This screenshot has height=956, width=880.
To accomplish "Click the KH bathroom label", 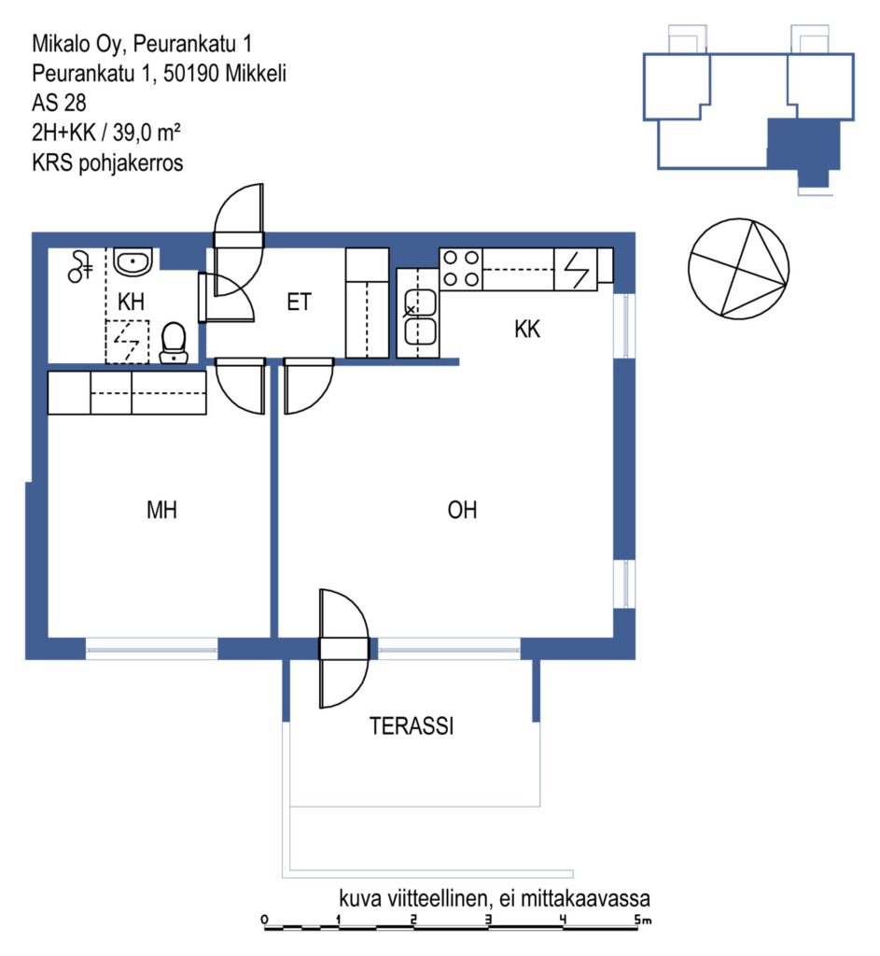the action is coord(131,302).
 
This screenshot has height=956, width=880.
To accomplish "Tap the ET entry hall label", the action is coord(299,302).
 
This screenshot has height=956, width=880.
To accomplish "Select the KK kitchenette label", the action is coord(527,330).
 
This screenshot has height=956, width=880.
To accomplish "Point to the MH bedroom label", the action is coord(161,510).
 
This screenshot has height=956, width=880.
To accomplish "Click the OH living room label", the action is coord(462,510).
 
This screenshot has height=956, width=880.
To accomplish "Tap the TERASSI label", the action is coord(412,726).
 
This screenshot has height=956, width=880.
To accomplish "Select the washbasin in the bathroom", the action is coord(133,262).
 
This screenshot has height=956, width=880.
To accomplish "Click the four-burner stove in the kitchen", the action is coord(461,269).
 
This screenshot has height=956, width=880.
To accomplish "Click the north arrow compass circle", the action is coord(738,269).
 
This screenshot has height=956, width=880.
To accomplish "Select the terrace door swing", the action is coord(344,649).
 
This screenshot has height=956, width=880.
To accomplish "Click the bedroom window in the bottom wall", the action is coord(152,649).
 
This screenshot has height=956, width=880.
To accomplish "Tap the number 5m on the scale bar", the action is coord(642,920).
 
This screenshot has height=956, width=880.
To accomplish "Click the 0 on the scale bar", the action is coord(264,920).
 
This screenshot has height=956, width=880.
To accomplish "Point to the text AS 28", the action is coord(59,103).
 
